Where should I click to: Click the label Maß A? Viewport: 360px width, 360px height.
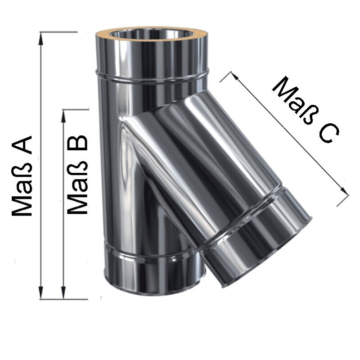[x=22, y=176]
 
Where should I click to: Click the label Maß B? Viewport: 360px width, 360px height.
[x=77, y=175]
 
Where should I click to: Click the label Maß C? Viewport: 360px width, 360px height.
[x=306, y=109]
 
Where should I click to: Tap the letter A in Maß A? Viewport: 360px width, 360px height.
[x=22, y=145]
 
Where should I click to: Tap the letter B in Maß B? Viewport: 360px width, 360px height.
[x=77, y=143]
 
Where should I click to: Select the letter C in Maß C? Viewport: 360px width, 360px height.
[x=329, y=133]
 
